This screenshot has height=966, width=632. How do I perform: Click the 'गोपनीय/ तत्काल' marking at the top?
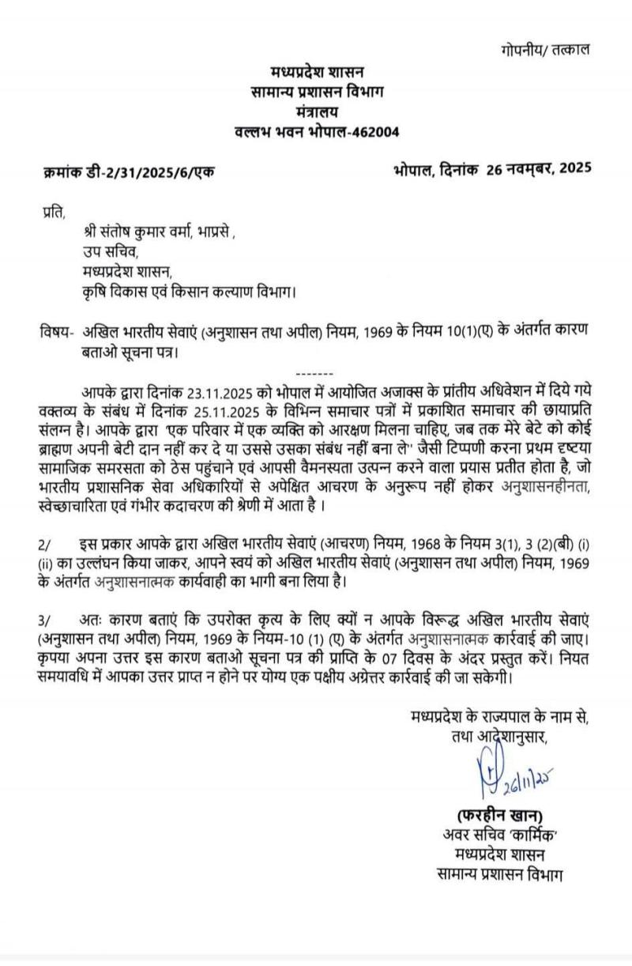tap(544, 50)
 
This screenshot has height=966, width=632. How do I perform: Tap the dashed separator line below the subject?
tap(314, 372)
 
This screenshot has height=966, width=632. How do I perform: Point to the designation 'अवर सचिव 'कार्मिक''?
tap(506, 834)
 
